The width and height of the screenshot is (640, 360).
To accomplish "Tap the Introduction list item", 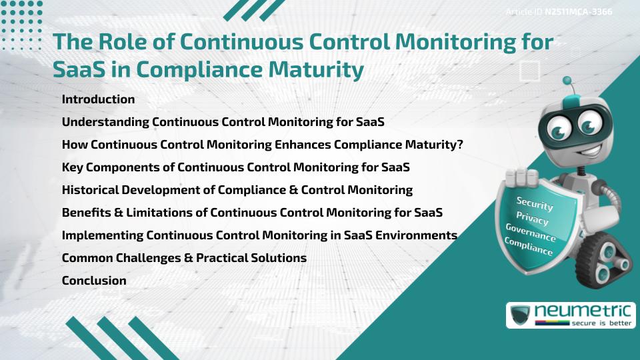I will click(x=98, y=99).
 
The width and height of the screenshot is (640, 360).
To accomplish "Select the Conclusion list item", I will click(x=94, y=281).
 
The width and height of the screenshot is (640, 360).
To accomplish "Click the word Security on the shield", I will click(x=535, y=204).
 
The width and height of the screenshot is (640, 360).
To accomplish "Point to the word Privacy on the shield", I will click(x=532, y=219).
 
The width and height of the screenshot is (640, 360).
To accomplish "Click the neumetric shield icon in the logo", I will click(x=520, y=315).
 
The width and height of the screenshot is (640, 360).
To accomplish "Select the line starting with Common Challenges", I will click(x=184, y=258).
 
